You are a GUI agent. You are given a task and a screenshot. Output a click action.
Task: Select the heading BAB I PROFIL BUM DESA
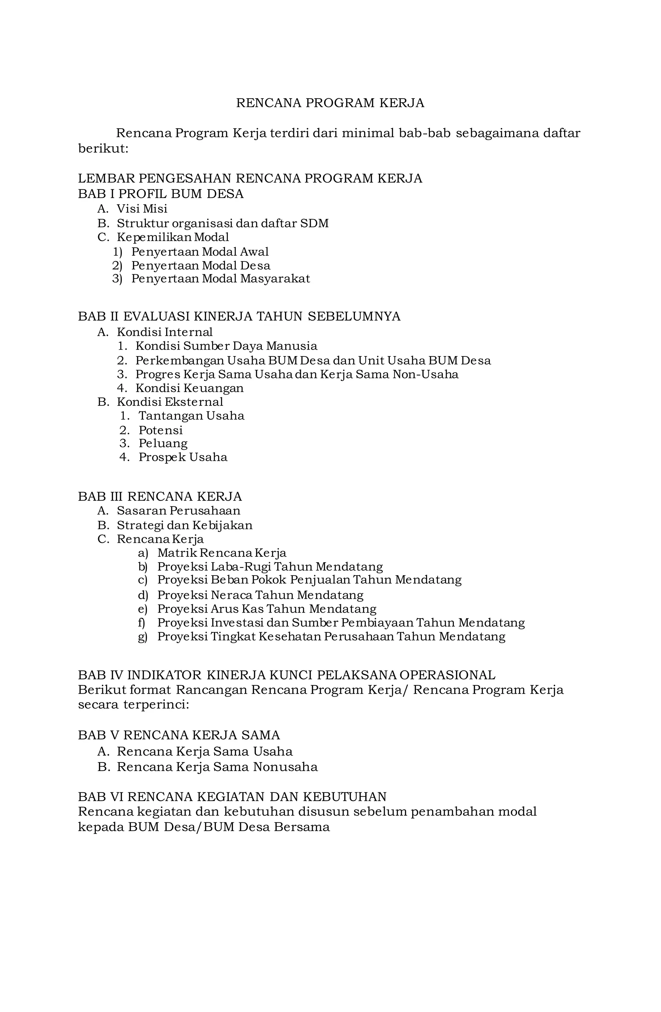(161, 194)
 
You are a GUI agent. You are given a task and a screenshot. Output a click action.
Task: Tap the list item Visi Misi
(142, 209)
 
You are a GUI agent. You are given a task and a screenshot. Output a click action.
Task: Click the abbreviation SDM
(314, 223)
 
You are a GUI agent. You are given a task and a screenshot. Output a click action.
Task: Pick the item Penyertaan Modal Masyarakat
(220, 279)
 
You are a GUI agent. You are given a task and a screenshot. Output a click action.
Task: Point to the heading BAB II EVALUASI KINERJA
(239, 316)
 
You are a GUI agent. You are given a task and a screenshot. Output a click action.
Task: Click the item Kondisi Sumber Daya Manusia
(226, 346)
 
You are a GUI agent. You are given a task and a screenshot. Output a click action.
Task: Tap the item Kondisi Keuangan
(189, 388)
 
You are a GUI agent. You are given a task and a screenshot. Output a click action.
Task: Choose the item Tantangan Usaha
(191, 416)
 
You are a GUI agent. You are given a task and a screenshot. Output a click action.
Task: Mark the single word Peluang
(163, 444)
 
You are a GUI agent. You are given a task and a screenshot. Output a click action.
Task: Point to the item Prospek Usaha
(183, 458)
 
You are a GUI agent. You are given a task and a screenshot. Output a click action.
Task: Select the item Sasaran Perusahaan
(178, 511)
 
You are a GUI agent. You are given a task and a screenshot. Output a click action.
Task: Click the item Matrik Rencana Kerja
(222, 553)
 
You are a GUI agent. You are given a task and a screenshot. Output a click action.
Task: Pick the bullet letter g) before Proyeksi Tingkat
(142, 637)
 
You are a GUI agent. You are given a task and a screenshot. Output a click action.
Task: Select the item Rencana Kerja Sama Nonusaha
(217, 767)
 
